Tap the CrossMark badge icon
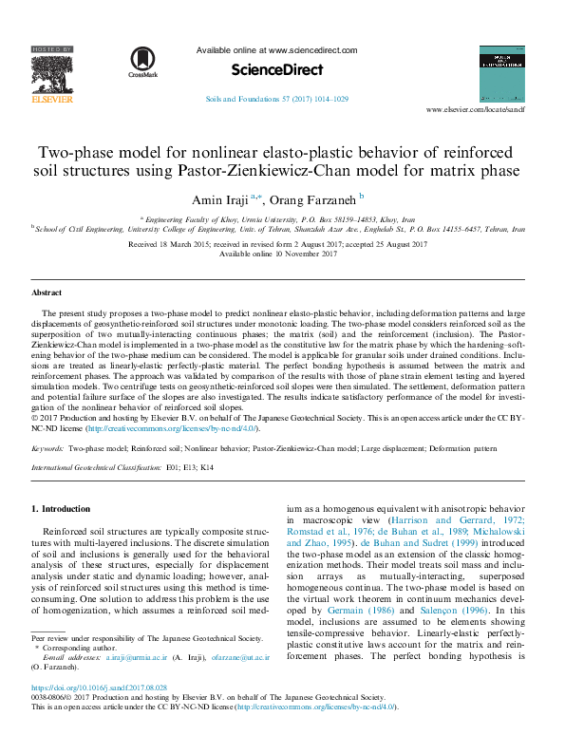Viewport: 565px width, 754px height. click(142, 60)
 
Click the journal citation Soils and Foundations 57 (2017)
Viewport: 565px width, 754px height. click(276, 99)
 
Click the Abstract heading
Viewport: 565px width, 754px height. click(47, 293)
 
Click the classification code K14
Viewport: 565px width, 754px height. click(206, 468)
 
